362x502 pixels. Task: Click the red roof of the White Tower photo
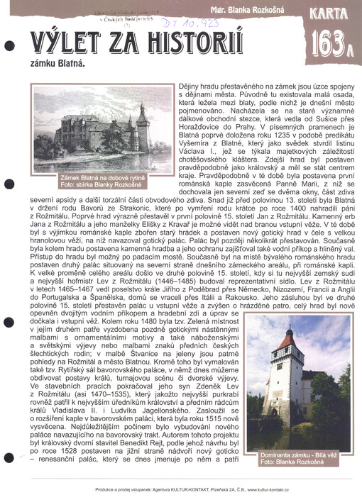[x=291, y=340]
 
